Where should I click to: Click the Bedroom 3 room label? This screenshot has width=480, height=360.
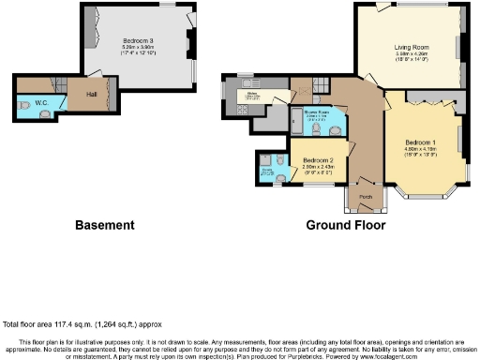pyautogui.click(x=138, y=40)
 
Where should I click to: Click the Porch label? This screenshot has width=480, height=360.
pyautogui.click(x=366, y=197)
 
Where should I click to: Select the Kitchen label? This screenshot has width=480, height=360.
pyautogui.click(x=251, y=94)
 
